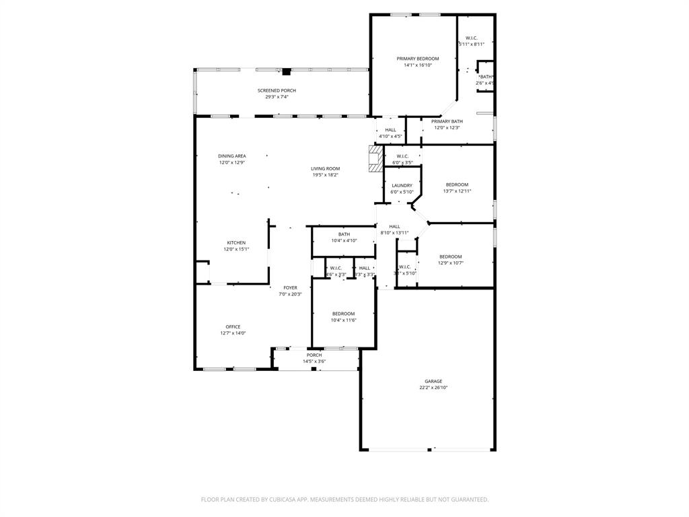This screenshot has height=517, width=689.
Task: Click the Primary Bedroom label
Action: tap(417, 59)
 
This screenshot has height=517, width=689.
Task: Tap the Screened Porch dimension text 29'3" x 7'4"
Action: tap(277, 97)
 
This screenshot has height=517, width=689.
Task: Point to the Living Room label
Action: tap(325, 168)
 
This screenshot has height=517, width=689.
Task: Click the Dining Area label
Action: tap(232, 156)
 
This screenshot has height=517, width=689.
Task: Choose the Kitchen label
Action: tap(236, 242)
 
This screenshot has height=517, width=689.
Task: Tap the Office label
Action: tap(233, 326)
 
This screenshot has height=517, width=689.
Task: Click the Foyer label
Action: tap(290, 287)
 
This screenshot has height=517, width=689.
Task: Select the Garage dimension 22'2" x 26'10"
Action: tap(433, 388)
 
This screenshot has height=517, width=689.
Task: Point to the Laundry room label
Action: tap(402, 185)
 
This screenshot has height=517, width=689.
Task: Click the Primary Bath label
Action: tap(447, 121)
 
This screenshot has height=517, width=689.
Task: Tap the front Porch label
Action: tap(314, 355)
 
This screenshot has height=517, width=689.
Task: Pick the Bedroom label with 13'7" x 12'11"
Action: tap(457, 184)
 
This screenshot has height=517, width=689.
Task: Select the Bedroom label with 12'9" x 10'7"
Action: tap(451, 256)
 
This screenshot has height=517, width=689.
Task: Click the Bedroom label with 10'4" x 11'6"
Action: tap(343, 314)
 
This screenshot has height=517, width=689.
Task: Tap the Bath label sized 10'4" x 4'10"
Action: tap(344, 234)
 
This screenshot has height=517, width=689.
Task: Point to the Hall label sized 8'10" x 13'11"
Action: tap(394, 226)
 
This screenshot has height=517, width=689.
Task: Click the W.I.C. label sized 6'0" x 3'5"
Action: tap(402, 156)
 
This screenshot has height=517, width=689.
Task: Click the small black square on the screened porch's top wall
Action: tap(287, 71)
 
